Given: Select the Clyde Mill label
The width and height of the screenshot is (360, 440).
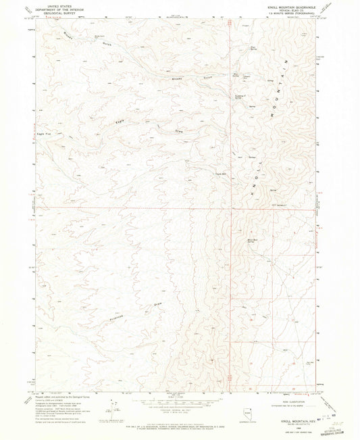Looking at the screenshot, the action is tap(220, 172).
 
